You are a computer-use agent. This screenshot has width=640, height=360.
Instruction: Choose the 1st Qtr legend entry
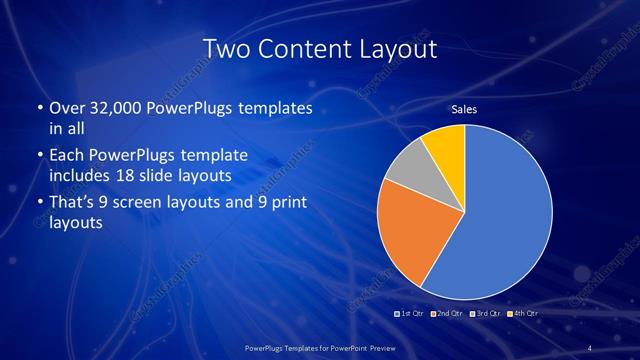410,313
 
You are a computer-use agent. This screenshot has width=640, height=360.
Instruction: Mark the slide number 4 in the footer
590,348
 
